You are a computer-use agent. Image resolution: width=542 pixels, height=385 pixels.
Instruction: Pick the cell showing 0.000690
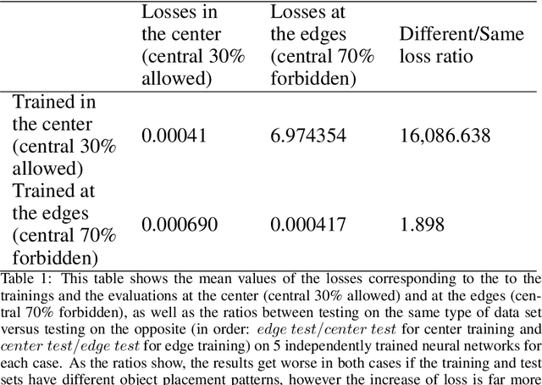[180, 225]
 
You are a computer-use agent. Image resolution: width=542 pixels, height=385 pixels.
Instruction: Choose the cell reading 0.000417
[309, 225]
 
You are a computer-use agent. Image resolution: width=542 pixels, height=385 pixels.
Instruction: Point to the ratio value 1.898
[417, 225]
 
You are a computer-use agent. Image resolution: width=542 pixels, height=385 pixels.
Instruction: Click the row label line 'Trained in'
[53, 103]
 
